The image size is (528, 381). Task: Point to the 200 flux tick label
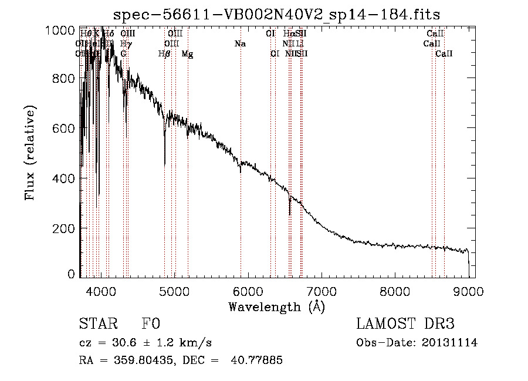tap(66, 228)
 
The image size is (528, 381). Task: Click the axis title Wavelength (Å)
tap(276, 306)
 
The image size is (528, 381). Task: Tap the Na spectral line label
tap(240, 44)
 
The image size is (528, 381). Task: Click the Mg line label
tap(187, 54)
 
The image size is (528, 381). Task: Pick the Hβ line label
tap(164, 54)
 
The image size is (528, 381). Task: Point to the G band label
tap(123, 54)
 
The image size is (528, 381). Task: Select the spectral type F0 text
tap(151, 324)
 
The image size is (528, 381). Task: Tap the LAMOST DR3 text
tap(405, 324)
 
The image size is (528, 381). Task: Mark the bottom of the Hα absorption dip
tap(289, 214)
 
